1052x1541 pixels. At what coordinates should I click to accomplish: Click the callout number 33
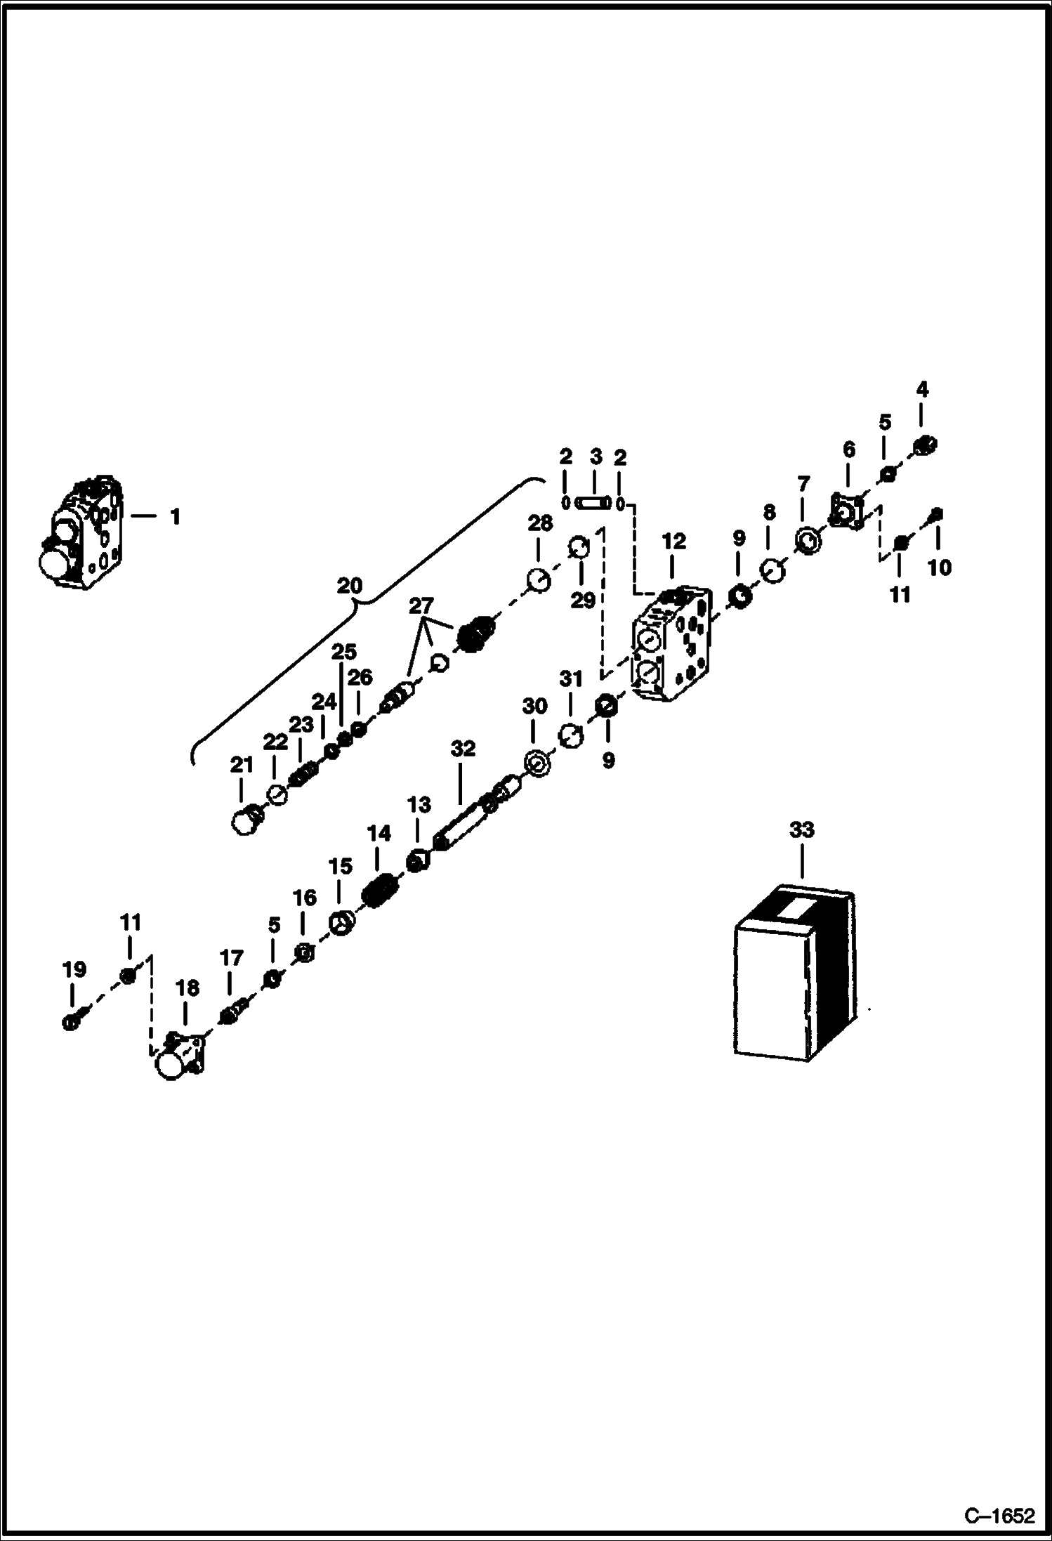tap(801, 829)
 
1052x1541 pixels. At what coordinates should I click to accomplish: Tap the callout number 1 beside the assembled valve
tap(175, 517)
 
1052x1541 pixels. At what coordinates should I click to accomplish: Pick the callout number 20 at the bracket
tap(349, 585)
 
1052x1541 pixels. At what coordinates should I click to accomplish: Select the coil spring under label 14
tap(380, 892)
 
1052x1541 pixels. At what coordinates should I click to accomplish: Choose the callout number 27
tap(421, 605)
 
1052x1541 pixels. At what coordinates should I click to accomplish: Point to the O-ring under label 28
tap(539, 581)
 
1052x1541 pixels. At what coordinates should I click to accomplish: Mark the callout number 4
tap(922, 389)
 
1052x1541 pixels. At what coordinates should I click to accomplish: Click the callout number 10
tap(940, 567)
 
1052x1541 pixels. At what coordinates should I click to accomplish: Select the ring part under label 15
tap(342, 921)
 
